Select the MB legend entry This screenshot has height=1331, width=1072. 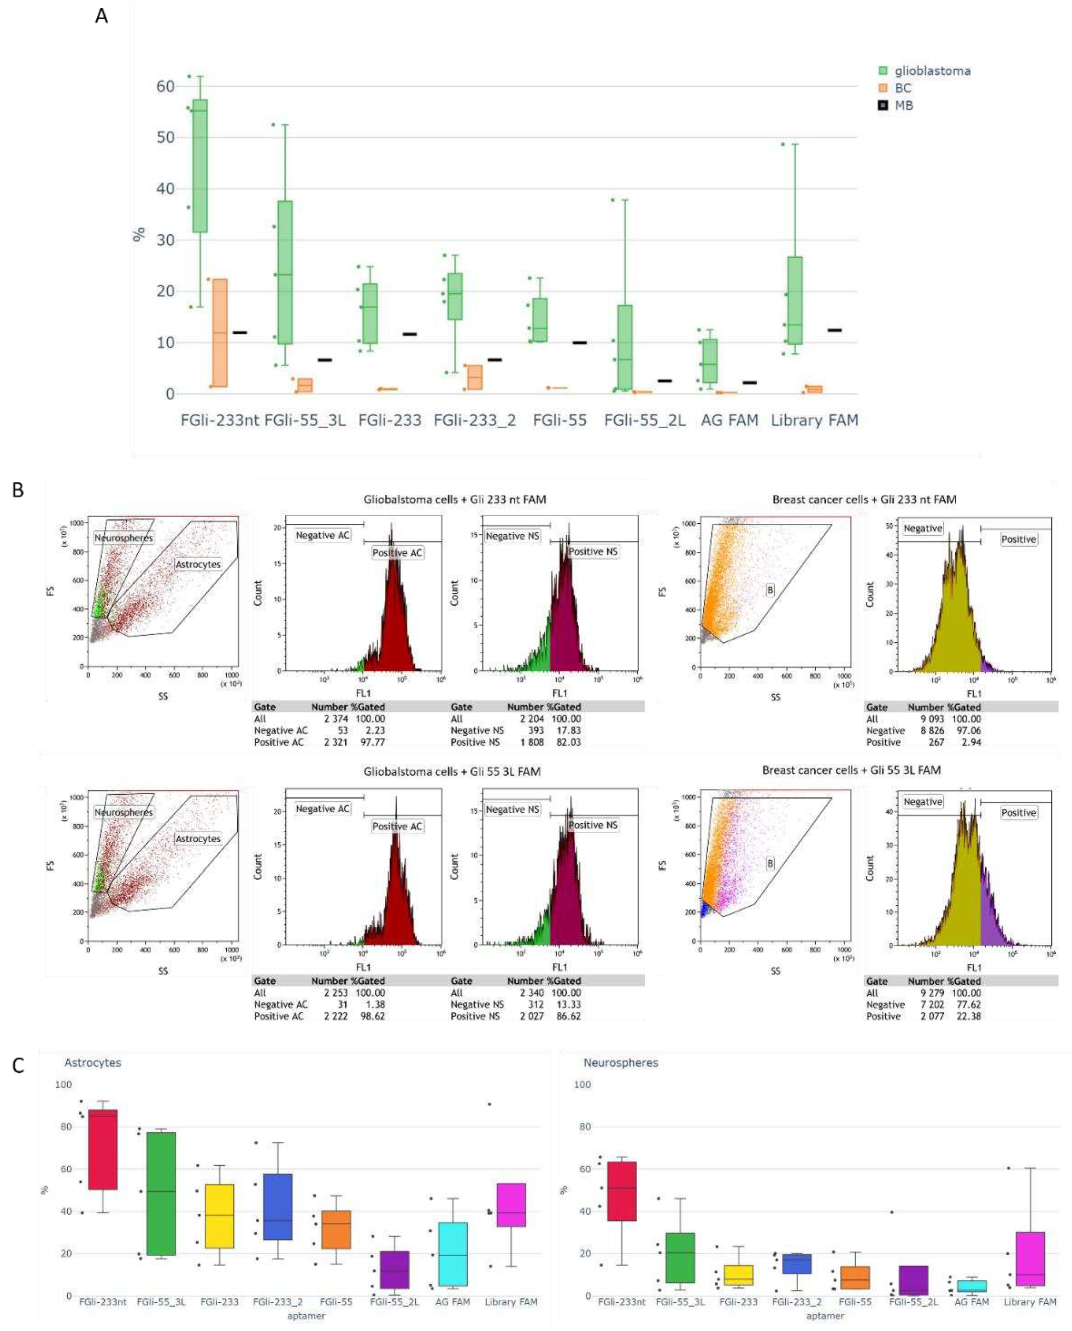[903, 106]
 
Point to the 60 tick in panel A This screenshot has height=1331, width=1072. [165, 86]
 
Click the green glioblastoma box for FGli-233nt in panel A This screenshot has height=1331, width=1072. [200, 165]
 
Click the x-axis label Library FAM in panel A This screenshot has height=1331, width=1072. [815, 421]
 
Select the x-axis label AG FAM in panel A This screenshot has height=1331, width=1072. [729, 421]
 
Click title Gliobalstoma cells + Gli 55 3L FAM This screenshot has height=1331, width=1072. [451, 772]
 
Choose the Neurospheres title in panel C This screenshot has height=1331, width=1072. [621, 1063]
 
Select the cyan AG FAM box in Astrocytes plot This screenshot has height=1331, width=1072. [452, 1254]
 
